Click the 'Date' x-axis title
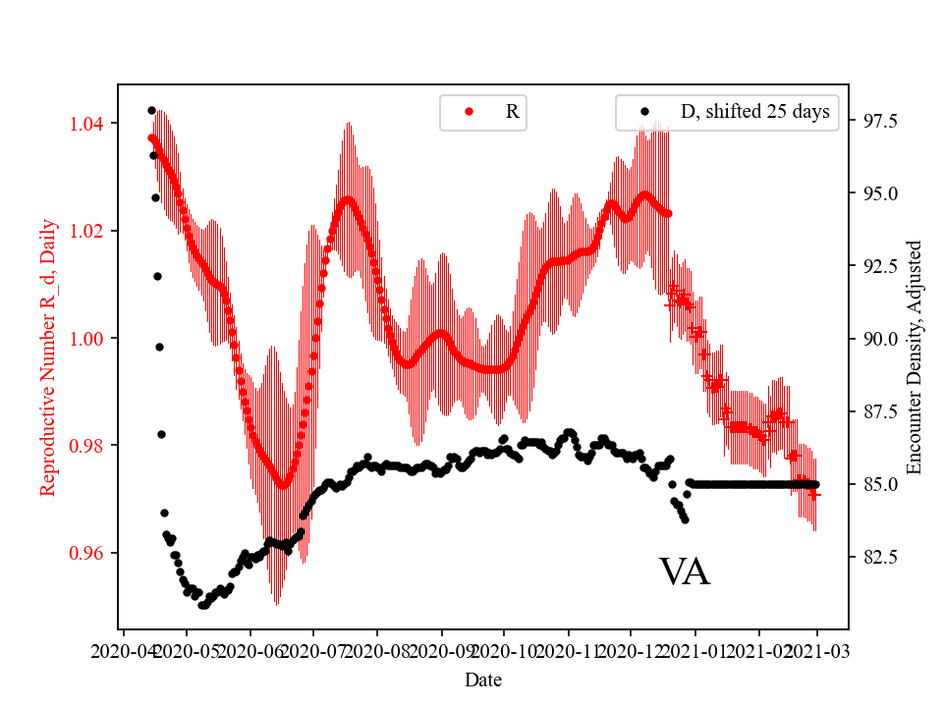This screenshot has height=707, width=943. point(483,679)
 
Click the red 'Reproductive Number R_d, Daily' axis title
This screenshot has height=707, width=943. point(47,356)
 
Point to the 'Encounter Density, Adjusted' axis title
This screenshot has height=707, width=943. point(915,356)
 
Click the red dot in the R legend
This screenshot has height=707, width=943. point(469,112)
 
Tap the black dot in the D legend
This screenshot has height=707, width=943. point(644,112)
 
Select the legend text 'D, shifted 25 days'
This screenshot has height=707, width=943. point(754,112)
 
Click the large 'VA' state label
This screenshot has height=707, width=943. point(684,572)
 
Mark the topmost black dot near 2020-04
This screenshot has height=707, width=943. point(151,110)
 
